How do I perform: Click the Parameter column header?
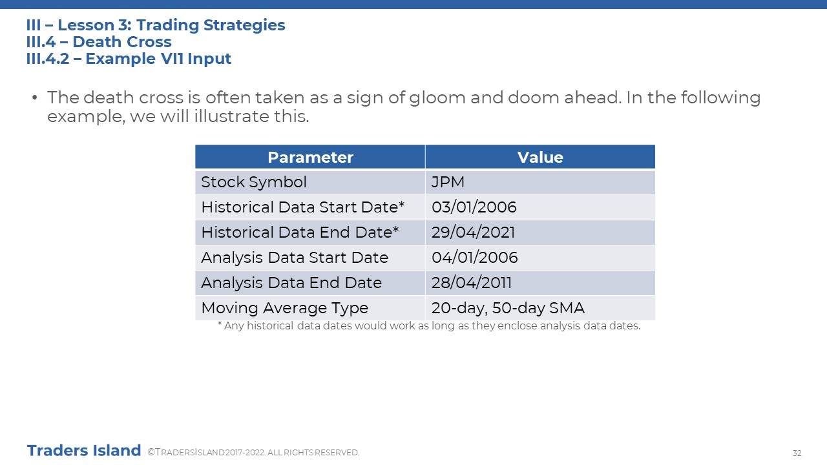pos(310,157)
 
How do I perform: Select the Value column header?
pos(540,157)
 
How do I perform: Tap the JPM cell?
pos(448,182)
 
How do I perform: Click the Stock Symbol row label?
pos(254,182)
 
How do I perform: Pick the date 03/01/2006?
pos(474,207)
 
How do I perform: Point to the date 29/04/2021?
pos(473,232)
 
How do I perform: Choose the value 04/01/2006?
pos(474,257)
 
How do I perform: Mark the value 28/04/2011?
pos(472,283)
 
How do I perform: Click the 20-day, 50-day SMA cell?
pos(508,308)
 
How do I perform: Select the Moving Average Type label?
pos(285,308)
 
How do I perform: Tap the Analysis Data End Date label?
pos(291,283)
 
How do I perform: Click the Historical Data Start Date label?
pos(303,207)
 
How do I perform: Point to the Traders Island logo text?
pos(84,451)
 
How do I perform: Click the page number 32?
pos(797,453)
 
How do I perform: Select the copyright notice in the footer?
pos(253,453)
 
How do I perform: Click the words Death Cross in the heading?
pos(122,42)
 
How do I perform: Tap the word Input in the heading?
pos(209,59)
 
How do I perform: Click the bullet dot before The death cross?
pos(35,98)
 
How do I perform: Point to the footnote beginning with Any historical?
pos(429,326)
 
